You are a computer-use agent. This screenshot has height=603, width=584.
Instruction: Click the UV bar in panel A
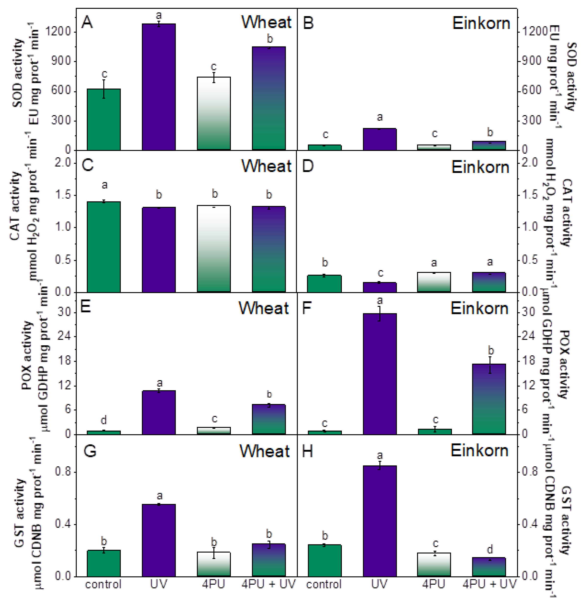159,87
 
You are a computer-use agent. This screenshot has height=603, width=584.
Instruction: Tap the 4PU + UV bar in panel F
489,399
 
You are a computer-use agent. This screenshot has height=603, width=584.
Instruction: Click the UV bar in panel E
159,412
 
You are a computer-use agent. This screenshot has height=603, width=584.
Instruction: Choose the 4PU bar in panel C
214,249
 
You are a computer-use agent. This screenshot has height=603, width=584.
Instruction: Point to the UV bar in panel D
379,287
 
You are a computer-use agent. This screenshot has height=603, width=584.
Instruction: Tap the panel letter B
308,23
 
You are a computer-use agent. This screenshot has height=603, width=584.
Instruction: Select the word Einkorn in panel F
479,308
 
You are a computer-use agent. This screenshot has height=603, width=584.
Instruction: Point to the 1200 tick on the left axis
58,31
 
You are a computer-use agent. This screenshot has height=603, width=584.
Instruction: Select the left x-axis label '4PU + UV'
268,584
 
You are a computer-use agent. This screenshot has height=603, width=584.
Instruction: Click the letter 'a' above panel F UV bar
380,300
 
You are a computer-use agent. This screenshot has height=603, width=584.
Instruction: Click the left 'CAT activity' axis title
15,206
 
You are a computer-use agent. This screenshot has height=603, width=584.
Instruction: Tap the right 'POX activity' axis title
565,365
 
